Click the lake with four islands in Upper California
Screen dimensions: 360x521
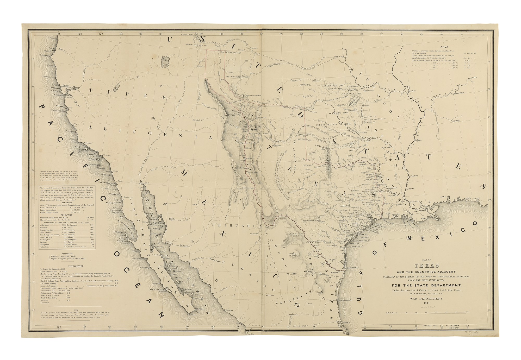click(165, 62)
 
